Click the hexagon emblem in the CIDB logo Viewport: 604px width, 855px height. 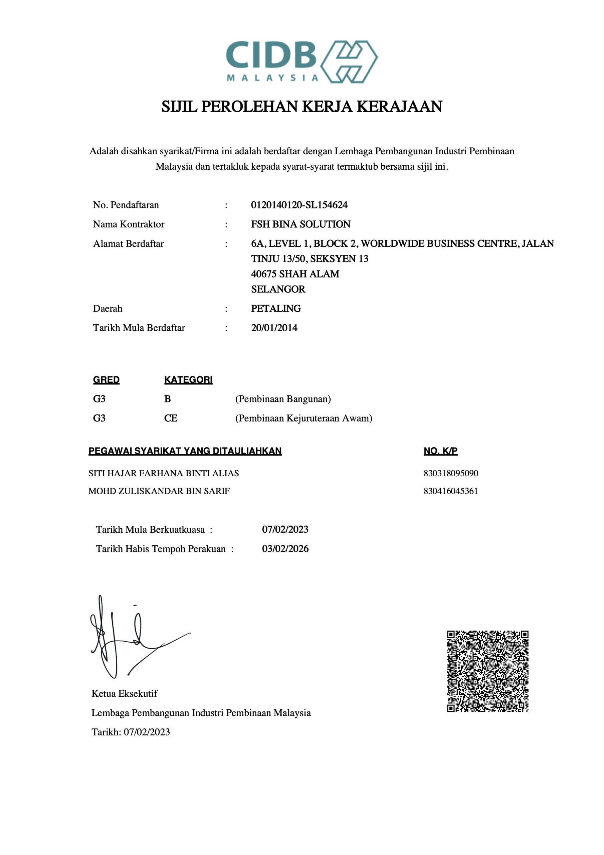point(349,61)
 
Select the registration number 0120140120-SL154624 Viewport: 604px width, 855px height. point(299,205)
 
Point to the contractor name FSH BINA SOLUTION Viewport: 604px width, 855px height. point(300,224)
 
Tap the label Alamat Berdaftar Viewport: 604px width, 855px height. point(128,243)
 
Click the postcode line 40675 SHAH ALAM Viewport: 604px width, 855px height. point(295,274)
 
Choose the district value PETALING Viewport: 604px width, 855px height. point(275,308)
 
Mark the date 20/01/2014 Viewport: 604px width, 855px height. point(274,328)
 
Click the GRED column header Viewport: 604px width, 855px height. point(106,380)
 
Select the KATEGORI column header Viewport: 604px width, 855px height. point(188,380)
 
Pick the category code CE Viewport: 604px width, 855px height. point(171,418)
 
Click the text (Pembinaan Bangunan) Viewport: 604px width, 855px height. point(283,399)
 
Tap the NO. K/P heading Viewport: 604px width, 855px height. point(440,451)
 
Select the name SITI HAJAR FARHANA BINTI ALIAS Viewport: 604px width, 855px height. point(164,473)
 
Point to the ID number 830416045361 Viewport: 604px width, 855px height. point(451,491)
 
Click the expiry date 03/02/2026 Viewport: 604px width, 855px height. point(285,548)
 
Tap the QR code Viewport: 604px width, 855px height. point(487,671)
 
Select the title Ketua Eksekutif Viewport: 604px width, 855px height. point(125,693)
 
